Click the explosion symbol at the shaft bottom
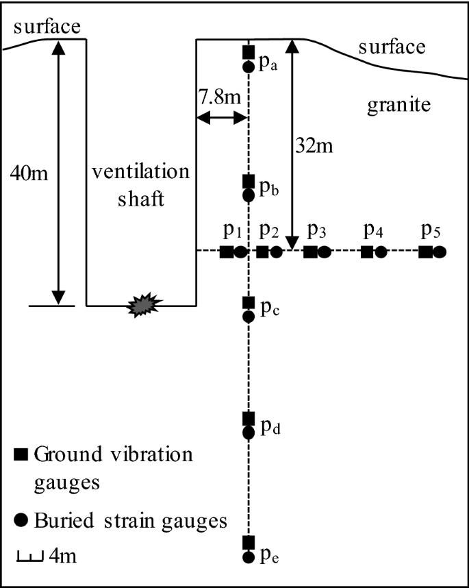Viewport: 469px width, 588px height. [x=144, y=306]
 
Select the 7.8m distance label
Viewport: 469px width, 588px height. [x=220, y=96]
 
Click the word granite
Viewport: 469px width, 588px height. [x=398, y=106]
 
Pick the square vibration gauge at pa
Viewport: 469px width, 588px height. [x=249, y=52]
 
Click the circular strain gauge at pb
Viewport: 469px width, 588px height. [x=249, y=195]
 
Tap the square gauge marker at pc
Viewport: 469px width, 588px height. [x=249, y=302]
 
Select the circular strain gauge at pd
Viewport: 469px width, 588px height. [x=249, y=432]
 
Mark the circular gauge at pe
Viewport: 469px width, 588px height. [x=249, y=556]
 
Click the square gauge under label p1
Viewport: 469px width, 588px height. [x=226, y=252]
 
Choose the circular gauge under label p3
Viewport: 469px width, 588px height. [x=325, y=252]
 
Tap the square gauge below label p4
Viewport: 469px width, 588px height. [x=367, y=252]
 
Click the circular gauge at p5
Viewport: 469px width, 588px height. [x=440, y=252]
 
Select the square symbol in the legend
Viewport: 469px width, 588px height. [x=22, y=454]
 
